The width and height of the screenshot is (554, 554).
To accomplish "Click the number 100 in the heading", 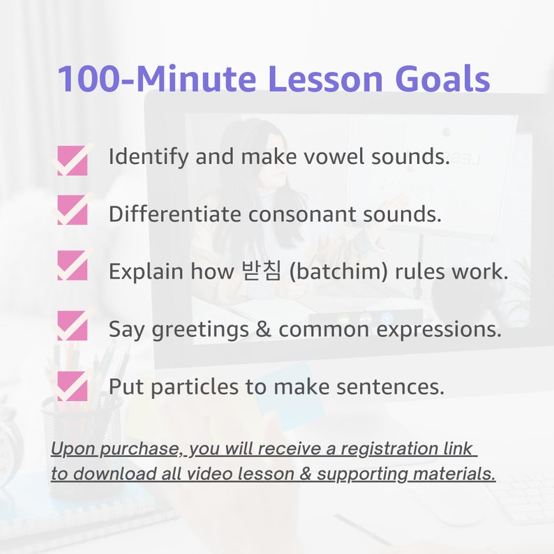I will tap(82, 79).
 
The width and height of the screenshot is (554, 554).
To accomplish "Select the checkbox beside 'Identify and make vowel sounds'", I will tap(73, 160).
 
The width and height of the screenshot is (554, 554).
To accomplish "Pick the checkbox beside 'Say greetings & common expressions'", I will tap(73, 326).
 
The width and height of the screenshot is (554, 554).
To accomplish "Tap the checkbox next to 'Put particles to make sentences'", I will tap(73, 387).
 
